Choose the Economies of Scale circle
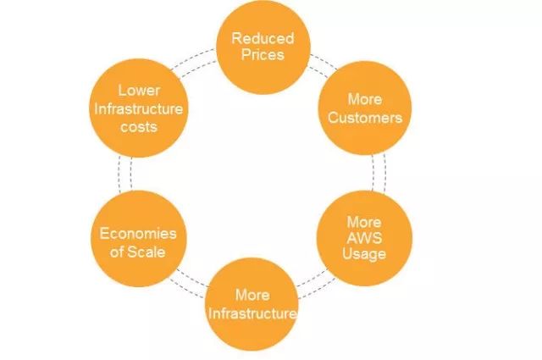(138, 242)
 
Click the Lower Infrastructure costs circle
(138, 108)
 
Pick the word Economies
(138, 234)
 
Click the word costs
(138, 126)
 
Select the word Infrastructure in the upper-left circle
(139, 108)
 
